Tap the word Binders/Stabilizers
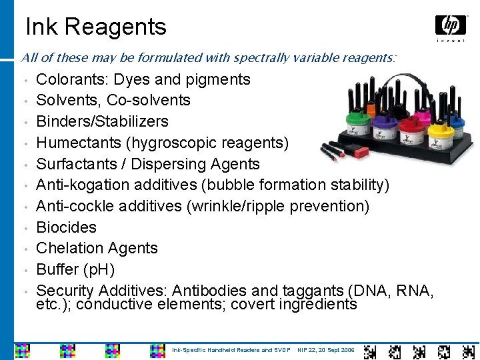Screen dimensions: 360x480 point(102,121)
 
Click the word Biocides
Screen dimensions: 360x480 point(66,227)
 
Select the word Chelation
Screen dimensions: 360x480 point(67,248)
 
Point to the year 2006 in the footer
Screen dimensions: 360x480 point(347,350)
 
